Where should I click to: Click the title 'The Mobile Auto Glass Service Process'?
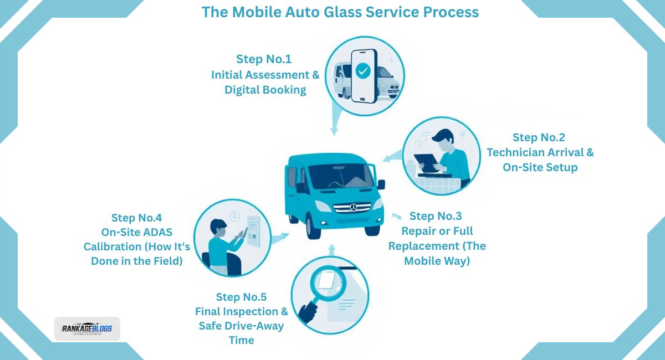340,12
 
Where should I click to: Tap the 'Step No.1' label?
264,59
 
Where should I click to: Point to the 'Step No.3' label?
436,216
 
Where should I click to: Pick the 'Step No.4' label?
136,218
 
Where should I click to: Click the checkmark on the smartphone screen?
363,71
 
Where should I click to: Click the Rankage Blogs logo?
87,328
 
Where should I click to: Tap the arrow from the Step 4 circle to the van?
279,236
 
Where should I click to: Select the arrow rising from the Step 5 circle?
331,251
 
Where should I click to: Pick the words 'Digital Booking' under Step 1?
265,90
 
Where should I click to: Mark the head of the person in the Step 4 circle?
218,227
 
